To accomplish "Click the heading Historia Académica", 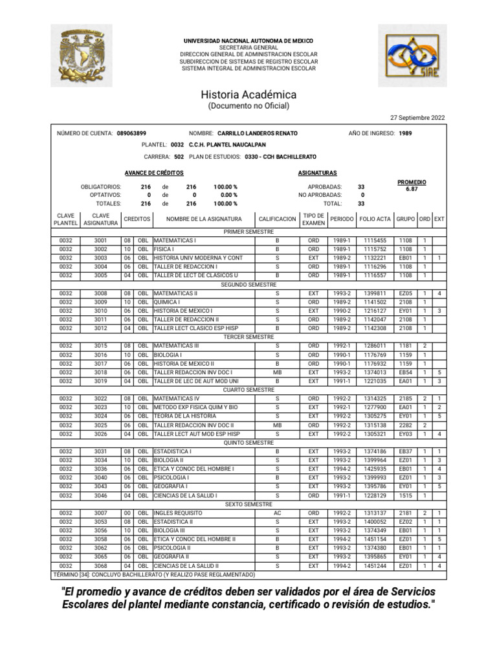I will click(x=248, y=95).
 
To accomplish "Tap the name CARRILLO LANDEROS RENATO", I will click(x=258, y=133).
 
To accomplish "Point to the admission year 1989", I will click(x=405, y=133).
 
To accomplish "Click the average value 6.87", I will click(x=412, y=189).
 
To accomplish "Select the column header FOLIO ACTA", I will click(x=375, y=219).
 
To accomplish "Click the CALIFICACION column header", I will click(x=277, y=219).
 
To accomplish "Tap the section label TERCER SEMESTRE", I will click(x=248, y=337).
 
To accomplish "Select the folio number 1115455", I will click(x=375, y=240).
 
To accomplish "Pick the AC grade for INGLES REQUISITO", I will click(x=277, y=513).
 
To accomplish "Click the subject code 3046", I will click(x=100, y=495).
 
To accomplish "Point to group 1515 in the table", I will click(x=405, y=495).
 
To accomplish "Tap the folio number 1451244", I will click(x=375, y=565).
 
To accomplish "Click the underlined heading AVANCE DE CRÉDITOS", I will click(x=154, y=173).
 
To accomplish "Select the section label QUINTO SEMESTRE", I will click(x=248, y=442).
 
